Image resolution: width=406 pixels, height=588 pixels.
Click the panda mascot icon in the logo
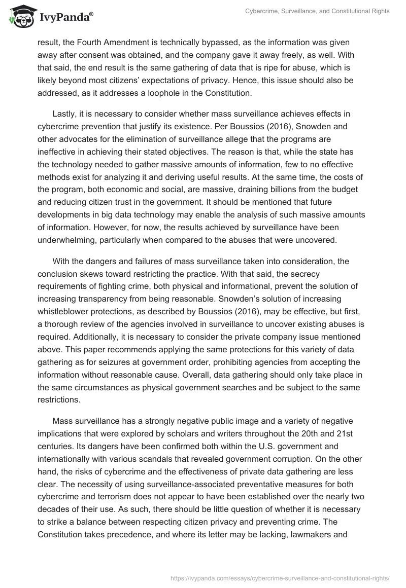click(x=20, y=16)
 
